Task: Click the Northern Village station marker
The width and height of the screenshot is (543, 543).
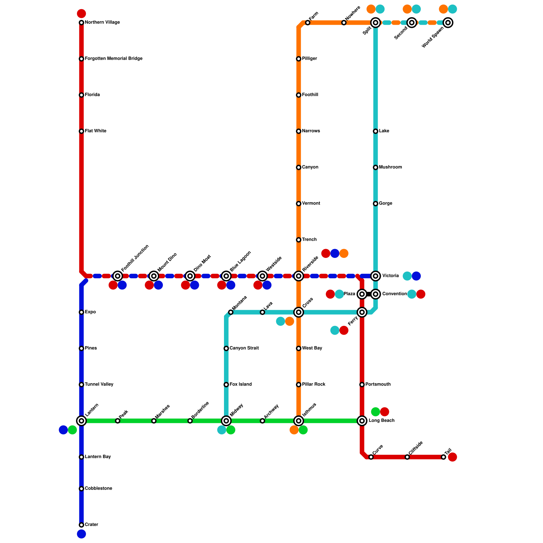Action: point(81,23)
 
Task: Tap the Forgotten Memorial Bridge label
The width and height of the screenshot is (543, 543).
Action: point(113,59)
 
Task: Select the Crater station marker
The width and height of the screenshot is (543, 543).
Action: point(81,525)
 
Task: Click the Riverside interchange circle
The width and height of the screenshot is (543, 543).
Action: point(299,276)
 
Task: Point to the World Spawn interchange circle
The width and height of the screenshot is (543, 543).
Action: point(448,23)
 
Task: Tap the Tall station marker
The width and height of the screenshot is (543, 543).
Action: point(444,457)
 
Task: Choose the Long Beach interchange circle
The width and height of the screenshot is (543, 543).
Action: point(362,421)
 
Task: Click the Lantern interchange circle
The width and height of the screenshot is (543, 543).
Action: point(81,421)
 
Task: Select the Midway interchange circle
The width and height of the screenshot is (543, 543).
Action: point(226,421)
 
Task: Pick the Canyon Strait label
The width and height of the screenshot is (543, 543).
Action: point(244,348)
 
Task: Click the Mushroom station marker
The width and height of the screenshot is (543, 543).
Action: point(375,167)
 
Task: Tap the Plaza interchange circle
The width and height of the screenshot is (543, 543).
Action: point(362,294)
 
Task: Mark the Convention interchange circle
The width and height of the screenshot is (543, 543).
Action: point(375,294)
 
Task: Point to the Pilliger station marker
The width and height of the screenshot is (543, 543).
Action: point(299,59)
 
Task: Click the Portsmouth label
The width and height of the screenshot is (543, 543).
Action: point(378,385)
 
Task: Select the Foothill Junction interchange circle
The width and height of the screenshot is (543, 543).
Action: point(118,276)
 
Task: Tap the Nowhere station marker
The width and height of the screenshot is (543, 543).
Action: point(344,23)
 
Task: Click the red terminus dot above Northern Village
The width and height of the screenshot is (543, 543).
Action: point(81,14)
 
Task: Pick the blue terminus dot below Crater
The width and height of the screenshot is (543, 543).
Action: point(81,534)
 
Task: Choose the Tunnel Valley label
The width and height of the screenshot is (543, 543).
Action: point(99,385)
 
